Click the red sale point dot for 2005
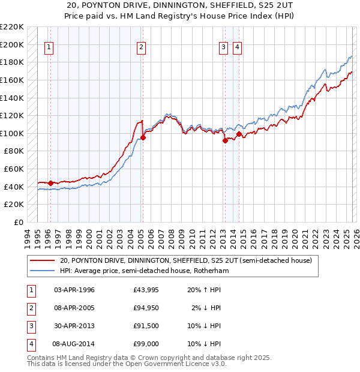[x=143, y=138]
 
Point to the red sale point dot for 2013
[x=225, y=141]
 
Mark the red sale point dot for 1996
[x=50, y=183]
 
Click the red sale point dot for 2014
[x=239, y=134]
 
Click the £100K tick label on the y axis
[x=12, y=133]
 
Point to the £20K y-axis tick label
[x=14, y=205]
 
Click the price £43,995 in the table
[x=146, y=290]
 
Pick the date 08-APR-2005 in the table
[x=74, y=308]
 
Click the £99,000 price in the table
[x=146, y=344]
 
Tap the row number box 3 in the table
[x=30, y=326]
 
